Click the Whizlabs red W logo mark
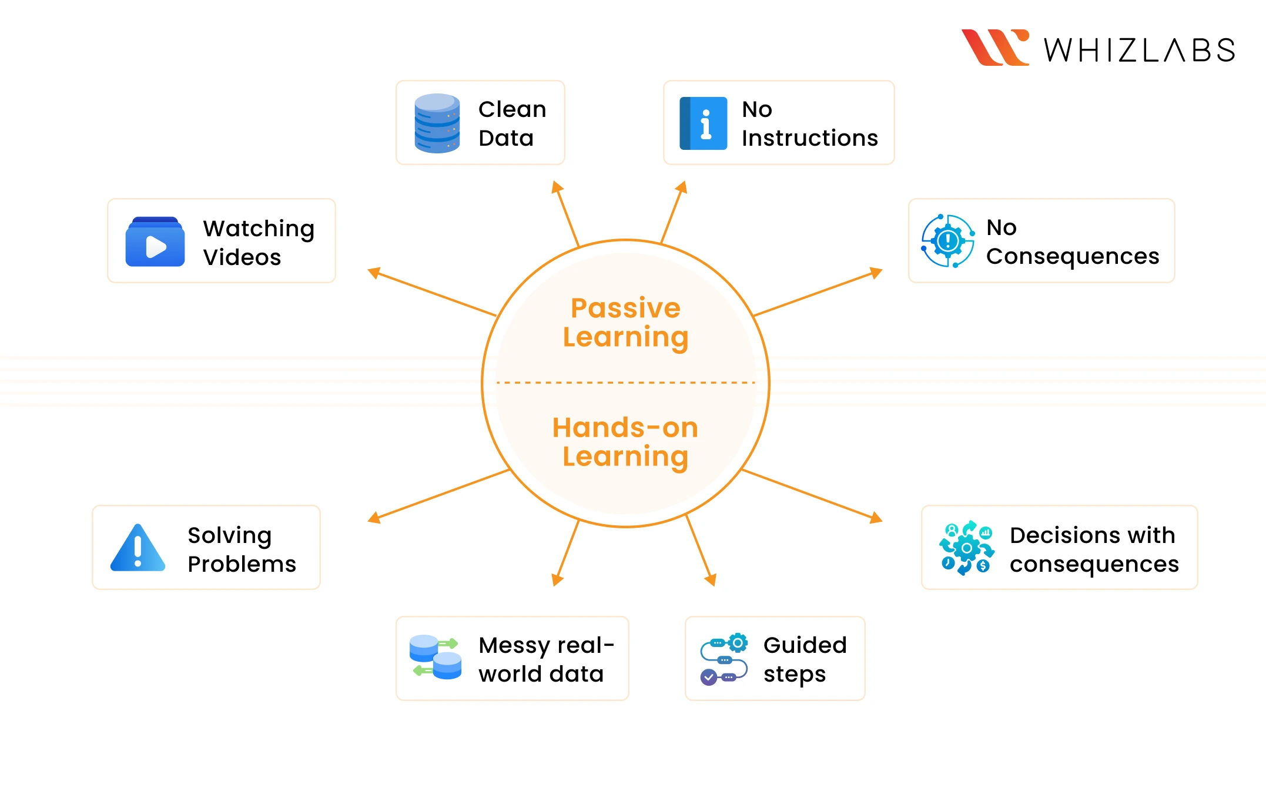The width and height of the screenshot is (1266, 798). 994,48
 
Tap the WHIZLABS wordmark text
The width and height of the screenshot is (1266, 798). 1139,51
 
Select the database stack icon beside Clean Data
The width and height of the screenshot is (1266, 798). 437,123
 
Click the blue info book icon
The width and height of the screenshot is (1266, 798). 703,123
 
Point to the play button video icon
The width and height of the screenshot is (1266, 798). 155,242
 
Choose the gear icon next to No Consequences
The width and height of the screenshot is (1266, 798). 947,241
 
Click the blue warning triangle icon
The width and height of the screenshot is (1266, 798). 138,548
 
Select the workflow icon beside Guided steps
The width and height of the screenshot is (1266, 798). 724,659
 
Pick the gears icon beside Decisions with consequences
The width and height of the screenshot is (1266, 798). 966,548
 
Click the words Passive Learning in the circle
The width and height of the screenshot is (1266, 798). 625,323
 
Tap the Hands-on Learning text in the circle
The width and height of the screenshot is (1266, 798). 625,442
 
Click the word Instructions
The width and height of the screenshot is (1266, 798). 809,138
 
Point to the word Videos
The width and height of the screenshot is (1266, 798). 242,257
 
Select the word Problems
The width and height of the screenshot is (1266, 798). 242,564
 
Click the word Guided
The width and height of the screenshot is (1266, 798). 805,645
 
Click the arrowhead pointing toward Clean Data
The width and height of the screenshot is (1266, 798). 556,187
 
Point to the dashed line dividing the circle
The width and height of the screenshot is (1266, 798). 625,383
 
